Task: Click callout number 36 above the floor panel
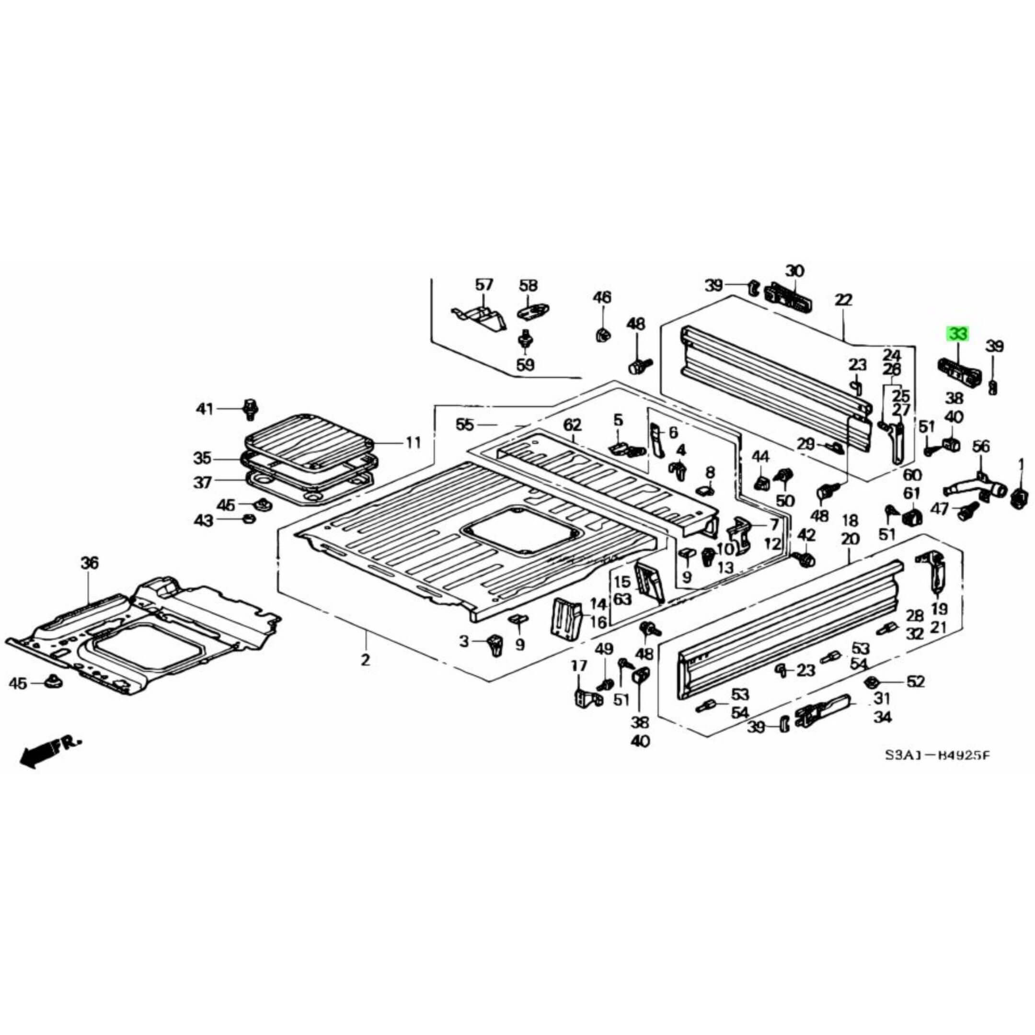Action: pos(90,563)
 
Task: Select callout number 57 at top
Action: pos(484,285)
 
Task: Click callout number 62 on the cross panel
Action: pos(572,425)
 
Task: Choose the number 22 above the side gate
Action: pos(843,299)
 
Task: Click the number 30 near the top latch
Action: pos(794,271)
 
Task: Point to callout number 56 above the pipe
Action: pos(981,446)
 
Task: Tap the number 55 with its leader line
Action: pos(464,425)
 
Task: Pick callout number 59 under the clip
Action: pos(526,365)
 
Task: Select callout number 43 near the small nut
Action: pos(204,520)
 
